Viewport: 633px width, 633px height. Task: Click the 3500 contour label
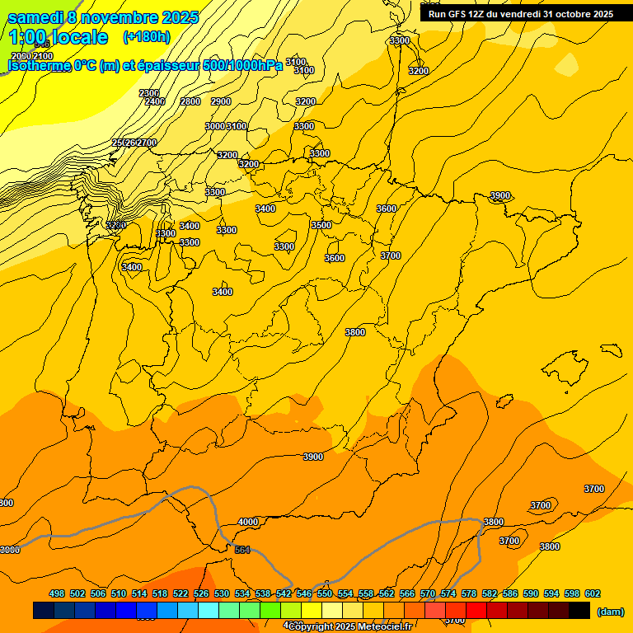321,225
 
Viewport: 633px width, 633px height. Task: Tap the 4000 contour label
248,522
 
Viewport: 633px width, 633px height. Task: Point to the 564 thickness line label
242,550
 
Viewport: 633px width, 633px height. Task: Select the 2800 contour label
190,101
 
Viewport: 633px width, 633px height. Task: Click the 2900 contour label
221,101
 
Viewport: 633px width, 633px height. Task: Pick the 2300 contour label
149,93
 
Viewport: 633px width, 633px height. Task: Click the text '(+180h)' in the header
146,37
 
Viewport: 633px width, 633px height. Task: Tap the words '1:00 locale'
59,37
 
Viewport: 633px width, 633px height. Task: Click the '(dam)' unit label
610,612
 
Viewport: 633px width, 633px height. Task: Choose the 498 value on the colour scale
57,593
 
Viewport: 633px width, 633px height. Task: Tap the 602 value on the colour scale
593,593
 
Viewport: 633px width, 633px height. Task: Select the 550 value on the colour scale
325,593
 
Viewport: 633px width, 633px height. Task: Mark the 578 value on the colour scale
469,593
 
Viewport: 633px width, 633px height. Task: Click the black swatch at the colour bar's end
579,611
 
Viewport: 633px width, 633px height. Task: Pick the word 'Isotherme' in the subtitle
38,66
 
